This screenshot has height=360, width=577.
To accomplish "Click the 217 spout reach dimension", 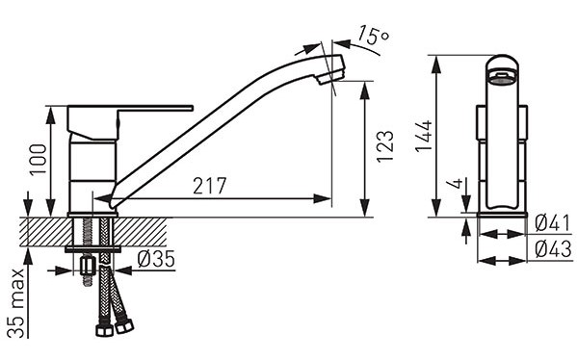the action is pyautogui.click(x=209, y=186).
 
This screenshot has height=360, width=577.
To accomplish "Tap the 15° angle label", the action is pyautogui.click(x=373, y=36).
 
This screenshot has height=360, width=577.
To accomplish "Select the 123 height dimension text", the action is pyautogui.click(x=385, y=146).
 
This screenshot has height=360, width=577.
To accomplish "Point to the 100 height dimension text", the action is pyautogui.click(x=39, y=160).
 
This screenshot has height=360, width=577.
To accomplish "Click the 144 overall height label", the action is pyautogui.click(x=424, y=136).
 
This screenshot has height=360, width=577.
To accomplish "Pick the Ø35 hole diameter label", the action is pyautogui.click(x=156, y=260).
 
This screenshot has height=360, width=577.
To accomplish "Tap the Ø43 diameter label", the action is pyautogui.click(x=554, y=249).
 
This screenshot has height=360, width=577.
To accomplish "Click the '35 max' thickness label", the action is pyautogui.click(x=17, y=303).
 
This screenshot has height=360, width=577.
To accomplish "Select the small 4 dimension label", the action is pyautogui.click(x=457, y=183).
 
